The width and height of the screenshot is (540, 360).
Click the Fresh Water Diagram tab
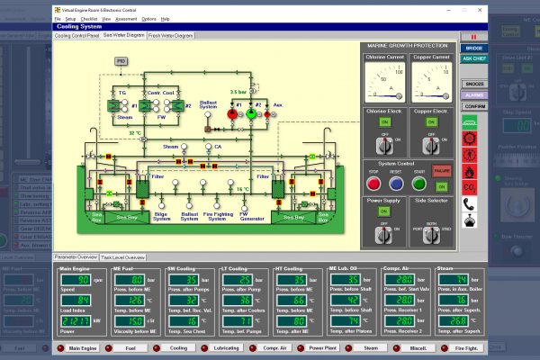(170, 36)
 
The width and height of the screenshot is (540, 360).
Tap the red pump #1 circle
(229, 114)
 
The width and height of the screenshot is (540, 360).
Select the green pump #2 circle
(251, 114)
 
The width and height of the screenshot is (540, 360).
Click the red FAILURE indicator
(441, 168)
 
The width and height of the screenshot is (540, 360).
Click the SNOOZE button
(473, 83)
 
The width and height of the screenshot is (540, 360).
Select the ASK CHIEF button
(473, 58)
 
